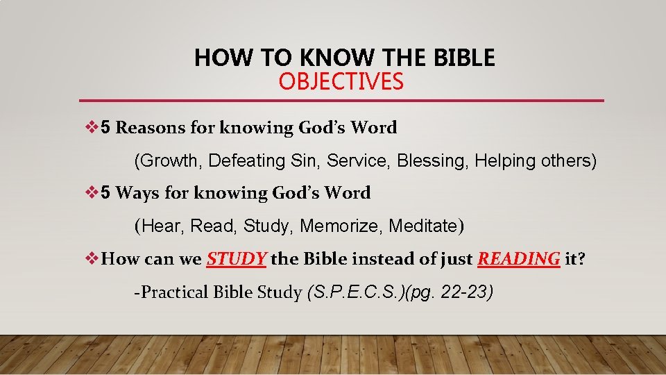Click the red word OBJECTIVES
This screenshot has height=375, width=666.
point(341,82)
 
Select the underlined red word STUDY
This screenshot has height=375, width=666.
point(236,259)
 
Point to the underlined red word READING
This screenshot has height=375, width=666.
point(518,259)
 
